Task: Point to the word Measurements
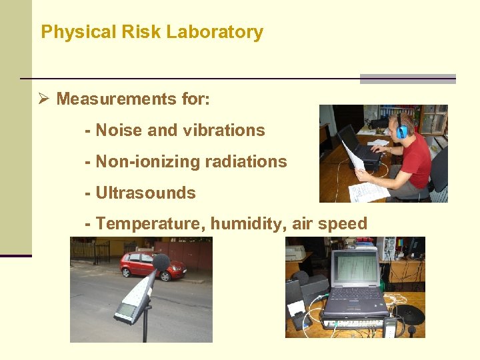tap(108, 99)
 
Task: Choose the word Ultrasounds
tap(146, 193)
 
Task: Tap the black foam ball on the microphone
tap(161, 262)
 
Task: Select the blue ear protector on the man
tap(401, 131)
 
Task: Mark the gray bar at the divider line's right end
tap(407, 79)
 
